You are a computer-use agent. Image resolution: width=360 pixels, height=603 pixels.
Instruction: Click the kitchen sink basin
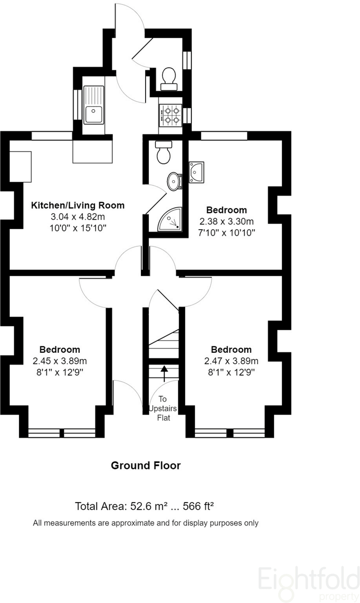[93, 114]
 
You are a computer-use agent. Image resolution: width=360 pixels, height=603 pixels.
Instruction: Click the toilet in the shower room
[164, 153]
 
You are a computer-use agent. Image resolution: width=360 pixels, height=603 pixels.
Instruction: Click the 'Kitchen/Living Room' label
[78, 205]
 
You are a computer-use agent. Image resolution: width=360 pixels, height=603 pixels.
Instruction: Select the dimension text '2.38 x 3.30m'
[227, 221]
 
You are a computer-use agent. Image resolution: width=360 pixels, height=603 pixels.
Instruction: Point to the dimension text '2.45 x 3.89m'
[60, 361]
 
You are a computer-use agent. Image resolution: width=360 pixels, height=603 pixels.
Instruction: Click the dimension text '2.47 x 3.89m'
[231, 361]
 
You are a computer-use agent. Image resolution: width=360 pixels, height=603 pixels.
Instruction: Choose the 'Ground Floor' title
[146, 466]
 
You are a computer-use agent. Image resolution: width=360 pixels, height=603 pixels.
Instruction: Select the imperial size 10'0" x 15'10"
[78, 228]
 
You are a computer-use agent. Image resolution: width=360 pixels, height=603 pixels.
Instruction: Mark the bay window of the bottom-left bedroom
[61, 432]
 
